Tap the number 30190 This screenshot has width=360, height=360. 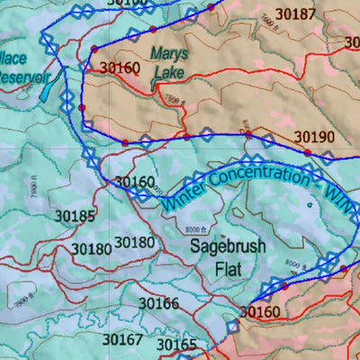tap(315, 137)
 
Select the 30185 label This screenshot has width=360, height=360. tap(75, 216)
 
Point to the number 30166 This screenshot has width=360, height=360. tap(158, 303)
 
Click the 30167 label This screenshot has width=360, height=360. tap(122, 339)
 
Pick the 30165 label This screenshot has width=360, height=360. tap(175, 345)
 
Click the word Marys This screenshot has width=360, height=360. tap(170, 53)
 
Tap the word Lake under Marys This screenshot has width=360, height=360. tap(168, 71)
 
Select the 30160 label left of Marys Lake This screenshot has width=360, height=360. tap(120, 67)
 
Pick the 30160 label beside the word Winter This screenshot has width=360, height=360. tap(135, 183)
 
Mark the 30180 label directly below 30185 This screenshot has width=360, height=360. tap(91, 248)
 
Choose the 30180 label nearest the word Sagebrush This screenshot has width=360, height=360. tap(136, 242)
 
